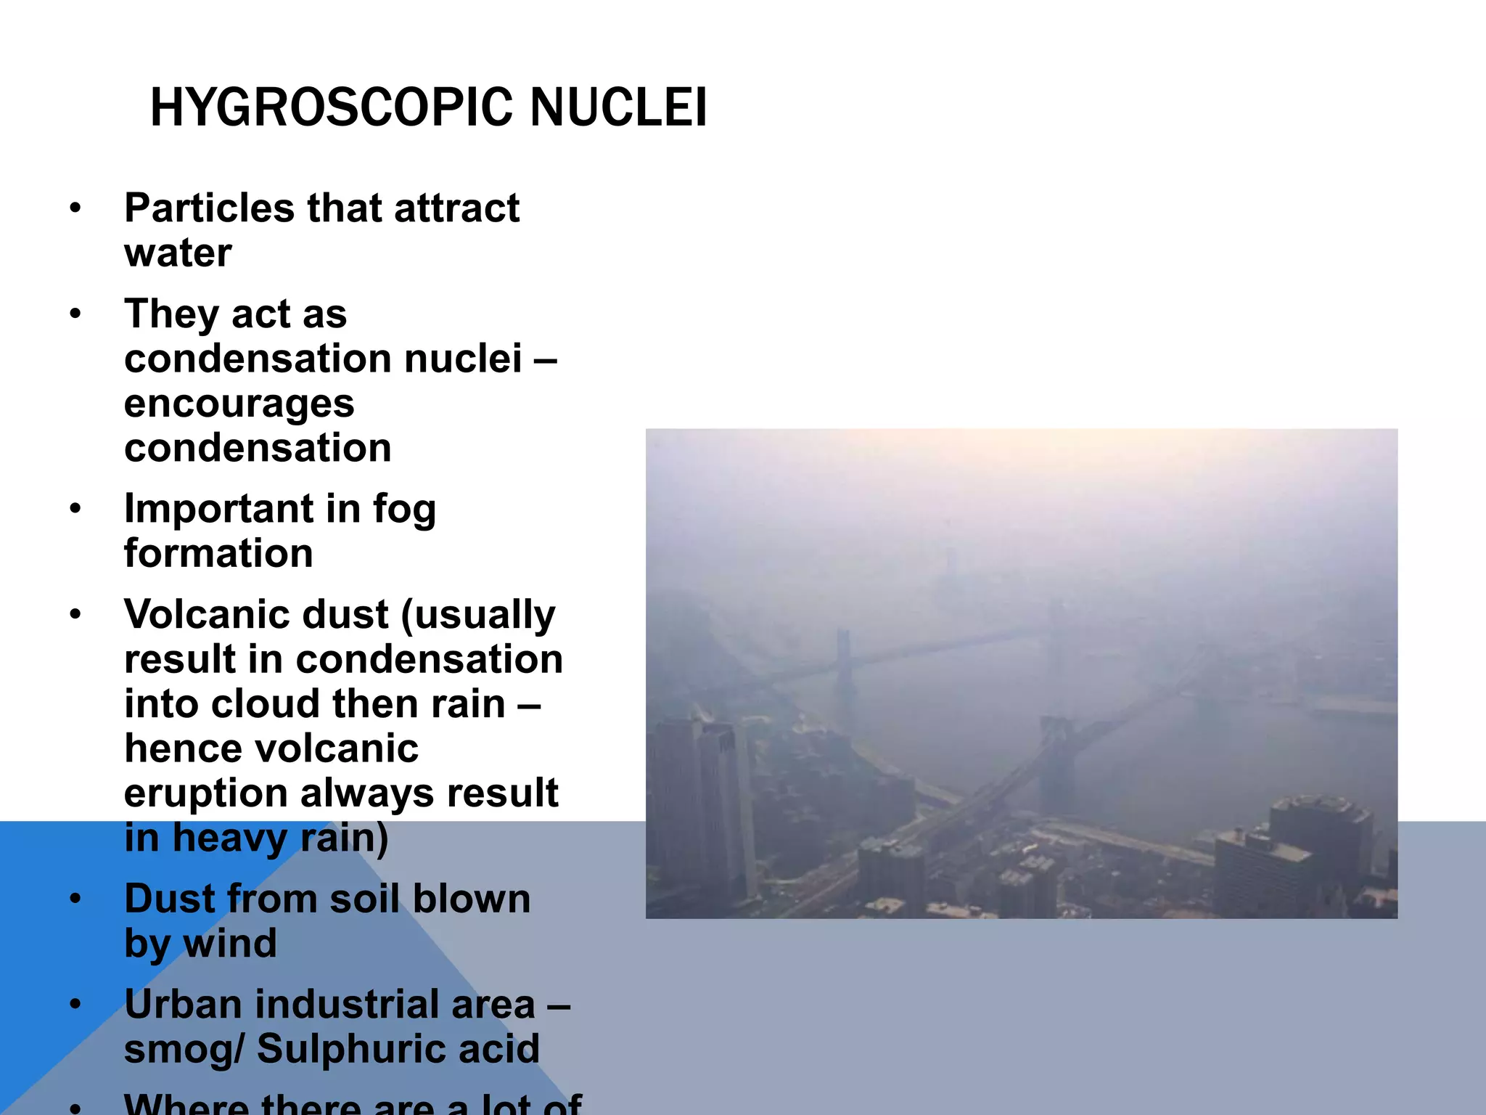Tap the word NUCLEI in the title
618,107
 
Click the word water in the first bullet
178,253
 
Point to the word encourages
239,404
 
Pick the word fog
404,510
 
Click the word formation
218,554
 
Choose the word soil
364,899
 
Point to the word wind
230,944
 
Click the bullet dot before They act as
75,315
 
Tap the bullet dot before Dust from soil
75,899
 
